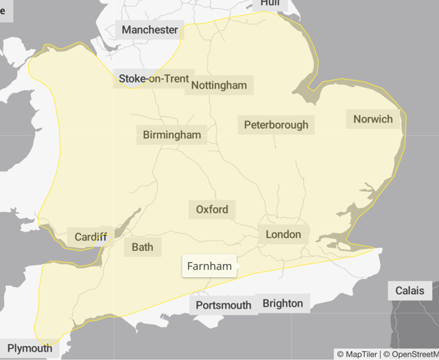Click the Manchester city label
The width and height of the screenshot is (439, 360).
(x=150, y=29)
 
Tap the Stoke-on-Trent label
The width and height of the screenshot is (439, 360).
(x=154, y=78)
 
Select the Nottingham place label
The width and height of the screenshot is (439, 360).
(x=219, y=86)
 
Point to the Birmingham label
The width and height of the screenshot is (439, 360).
(x=172, y=134)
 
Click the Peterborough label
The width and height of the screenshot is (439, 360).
(x=276, y=125)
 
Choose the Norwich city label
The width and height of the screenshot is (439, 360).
(x=373, y=119)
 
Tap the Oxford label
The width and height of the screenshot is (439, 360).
(x=212, y=209)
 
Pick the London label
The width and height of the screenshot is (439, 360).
(x=283, y=235)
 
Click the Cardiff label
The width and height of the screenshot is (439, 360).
(x=91, y=237)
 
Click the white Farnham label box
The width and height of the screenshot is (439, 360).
(x=209, y=266)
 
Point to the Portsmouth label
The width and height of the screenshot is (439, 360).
(x=224, y=304)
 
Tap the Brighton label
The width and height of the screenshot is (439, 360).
(x=283, y=303)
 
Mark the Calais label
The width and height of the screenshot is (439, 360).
(x=410, y=291)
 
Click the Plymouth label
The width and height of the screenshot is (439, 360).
(x=29, y=348)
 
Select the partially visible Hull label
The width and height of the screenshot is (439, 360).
(x=270, y=3)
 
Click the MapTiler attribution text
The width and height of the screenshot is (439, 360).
(x=357, y=355)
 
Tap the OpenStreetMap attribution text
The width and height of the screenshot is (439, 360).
(x=411, y=355)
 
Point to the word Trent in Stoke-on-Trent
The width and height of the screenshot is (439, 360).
(x=174, y=78)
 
